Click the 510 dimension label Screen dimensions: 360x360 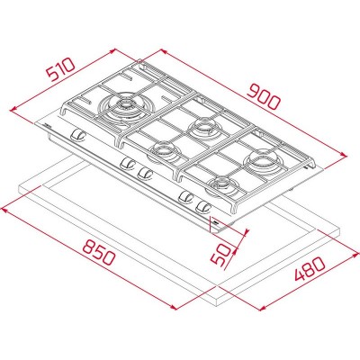(60, 70)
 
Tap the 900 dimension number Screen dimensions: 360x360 (264, 97)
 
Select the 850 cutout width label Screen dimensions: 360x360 (99, 253)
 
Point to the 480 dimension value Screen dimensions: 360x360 (310, 268)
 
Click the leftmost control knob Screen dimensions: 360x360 (77, 135)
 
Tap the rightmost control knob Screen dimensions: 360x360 (204, 207)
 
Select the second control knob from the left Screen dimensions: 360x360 (127, 163)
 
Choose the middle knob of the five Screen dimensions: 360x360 (146, 173)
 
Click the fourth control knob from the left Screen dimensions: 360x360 (185, 197)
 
